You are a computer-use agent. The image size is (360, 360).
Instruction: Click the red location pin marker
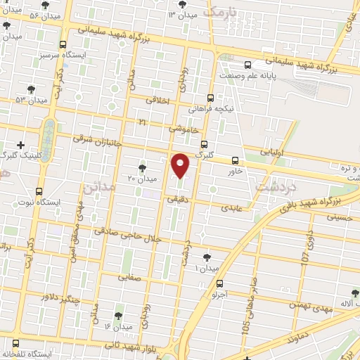(181, 166)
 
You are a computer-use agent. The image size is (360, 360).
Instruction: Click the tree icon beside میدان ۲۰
(143, 167)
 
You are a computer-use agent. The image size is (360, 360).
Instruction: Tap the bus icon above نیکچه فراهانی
(210, 98)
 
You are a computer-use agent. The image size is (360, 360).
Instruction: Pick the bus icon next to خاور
(235, 160)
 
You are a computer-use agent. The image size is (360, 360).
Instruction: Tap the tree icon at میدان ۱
(206, 258)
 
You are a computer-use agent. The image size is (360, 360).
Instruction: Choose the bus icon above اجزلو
(221, 284)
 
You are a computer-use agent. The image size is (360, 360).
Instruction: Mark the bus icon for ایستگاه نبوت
(39, 191)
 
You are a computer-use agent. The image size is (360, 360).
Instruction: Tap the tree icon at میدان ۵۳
(30, 89)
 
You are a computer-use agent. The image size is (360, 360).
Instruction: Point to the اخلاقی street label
(158, 101)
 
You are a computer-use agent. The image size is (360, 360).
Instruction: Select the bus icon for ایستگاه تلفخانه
(15, 344)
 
